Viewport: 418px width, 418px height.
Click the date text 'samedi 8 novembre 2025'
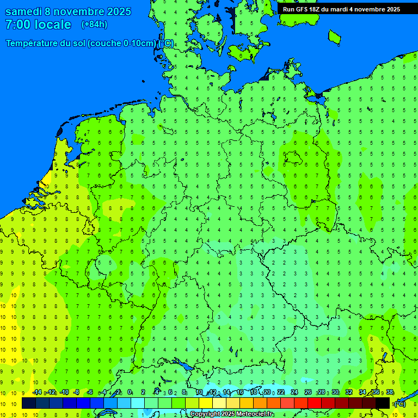point(68,11)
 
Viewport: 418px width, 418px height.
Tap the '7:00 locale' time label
point(38,24)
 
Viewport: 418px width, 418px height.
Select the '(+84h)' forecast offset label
point(94,24)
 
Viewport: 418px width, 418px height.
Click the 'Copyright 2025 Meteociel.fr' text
point(232,414)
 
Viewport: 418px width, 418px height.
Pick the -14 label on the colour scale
point(37,392)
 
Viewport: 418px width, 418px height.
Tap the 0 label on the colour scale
point(130,392)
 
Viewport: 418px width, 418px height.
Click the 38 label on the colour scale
point(390,392)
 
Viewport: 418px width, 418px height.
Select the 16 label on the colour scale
point(240,392)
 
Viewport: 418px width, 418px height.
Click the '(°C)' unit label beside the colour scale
point(399,404)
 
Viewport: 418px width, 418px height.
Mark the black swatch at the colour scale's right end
point(383,403)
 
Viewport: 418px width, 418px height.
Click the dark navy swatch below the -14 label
point(29,403)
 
